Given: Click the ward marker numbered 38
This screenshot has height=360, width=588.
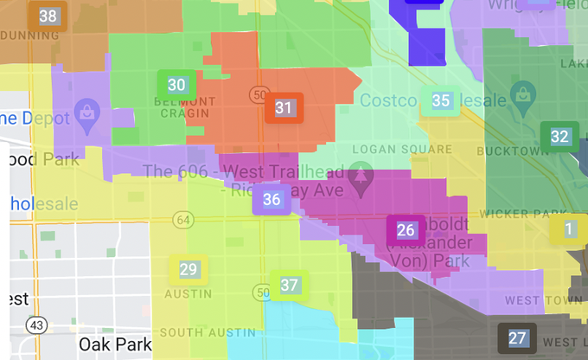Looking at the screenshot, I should (x=48, y=16).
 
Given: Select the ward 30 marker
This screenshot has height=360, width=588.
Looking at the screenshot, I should (x=176, y=85).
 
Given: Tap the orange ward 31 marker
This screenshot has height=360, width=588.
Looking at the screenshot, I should (x=284, y=108).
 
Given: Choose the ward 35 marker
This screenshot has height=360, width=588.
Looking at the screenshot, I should (x=441, y=100).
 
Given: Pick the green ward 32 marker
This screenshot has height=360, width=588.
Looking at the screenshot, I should (x=559, y=137).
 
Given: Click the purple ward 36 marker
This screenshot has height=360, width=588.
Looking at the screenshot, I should (x=272, y=200).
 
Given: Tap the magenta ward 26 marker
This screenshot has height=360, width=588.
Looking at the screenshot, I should (x=406, y=230).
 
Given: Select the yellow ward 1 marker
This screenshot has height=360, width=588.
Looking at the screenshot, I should (x=568, y=229).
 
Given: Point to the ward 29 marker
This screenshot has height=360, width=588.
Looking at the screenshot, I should (x=188, y=269).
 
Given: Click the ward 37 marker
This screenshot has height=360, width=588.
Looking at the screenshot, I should (x=289, y=285).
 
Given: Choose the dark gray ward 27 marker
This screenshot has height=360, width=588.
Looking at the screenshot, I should (x=517, y=337).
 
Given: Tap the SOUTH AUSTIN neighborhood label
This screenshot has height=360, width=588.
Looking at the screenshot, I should (x=208, y=332).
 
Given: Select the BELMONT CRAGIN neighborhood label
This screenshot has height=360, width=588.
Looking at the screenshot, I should (x=178, y=106).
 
